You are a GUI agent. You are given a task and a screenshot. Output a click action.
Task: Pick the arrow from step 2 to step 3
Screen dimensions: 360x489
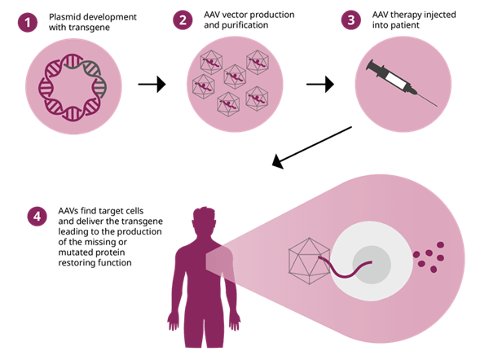[x=320, y=82]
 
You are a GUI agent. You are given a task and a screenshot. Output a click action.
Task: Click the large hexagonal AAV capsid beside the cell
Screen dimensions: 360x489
[x=311, y=261]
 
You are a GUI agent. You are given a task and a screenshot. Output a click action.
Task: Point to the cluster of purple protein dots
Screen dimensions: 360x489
[x=429, y=256]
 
